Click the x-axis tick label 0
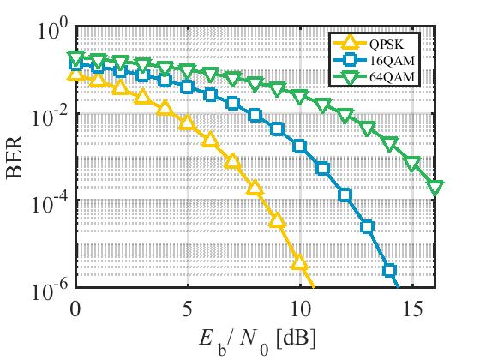76,307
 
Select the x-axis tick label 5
188,307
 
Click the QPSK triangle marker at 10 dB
299,260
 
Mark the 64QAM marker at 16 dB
435,188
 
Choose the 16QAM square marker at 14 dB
389,271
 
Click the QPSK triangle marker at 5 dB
187,123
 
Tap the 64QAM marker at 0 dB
75,58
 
